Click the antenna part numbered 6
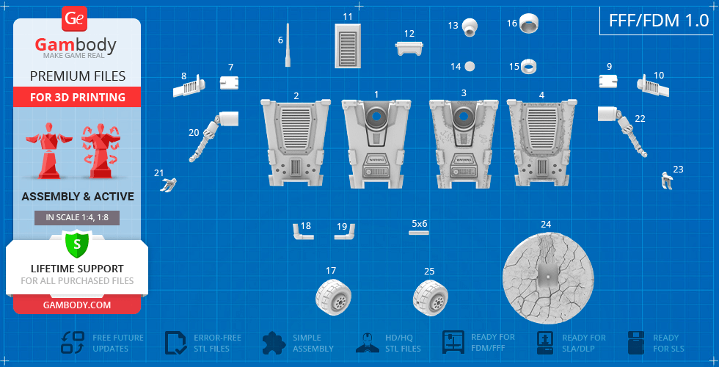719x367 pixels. [x=288, y=46]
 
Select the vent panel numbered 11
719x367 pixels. [x=348, y=46]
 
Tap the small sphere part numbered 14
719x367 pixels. [x=470, y=67]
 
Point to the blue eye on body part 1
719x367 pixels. [x=376, y=117]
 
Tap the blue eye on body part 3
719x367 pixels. [x=464, y=116]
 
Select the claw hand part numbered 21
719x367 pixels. [x=168, y=185]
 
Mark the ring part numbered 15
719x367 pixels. [x=529, y=67]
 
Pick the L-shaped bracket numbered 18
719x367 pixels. [x=302, y=232]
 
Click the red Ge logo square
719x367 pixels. [x=73, y=19]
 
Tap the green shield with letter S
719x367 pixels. [x=76, y=244]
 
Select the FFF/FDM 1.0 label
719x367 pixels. [x=659, y=21]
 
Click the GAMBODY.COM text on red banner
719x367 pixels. [x=77, y=305]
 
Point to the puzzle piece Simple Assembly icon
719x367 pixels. [x=274, y=343]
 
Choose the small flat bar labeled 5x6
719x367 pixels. [x=419, y=233]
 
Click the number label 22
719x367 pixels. [x=640, y=118]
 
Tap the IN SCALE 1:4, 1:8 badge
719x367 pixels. [x=77, y=217]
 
